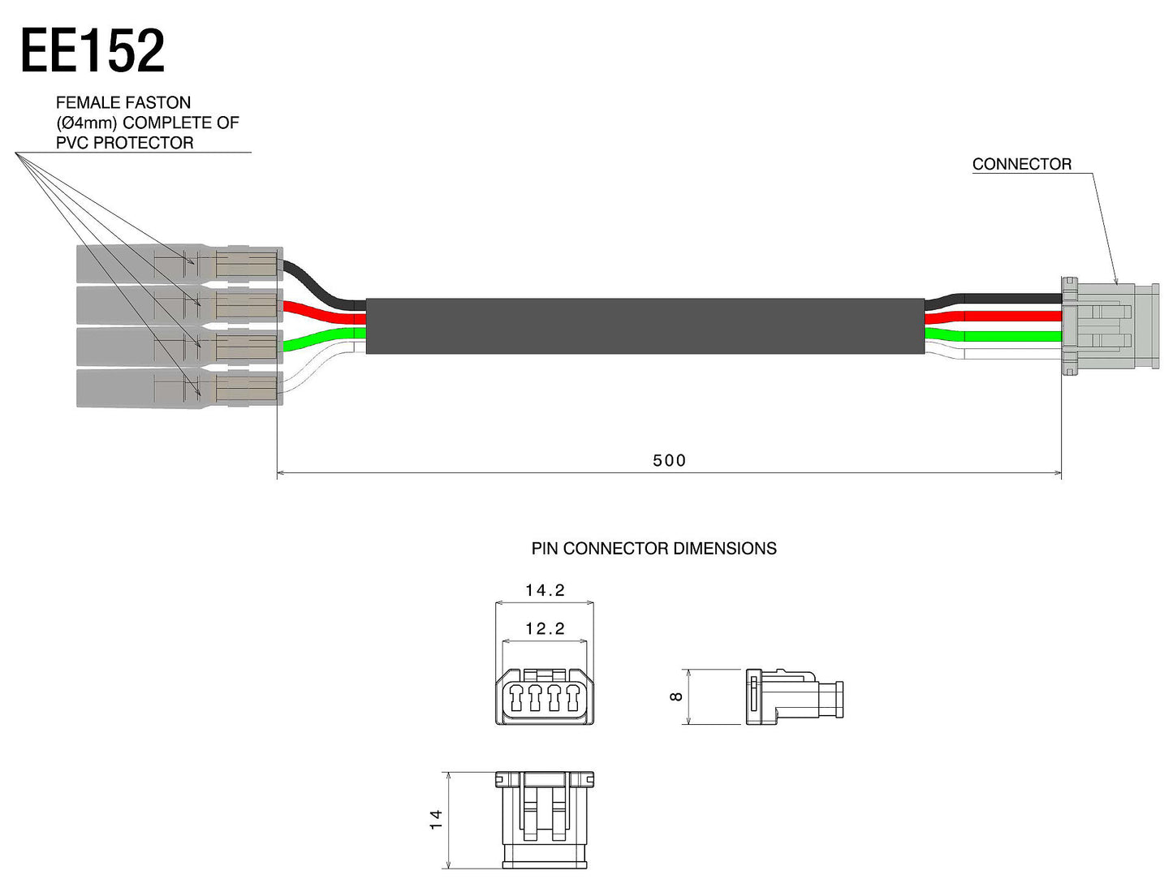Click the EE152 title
point(92,51)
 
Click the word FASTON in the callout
point(158,103)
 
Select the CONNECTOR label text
point(1021,164)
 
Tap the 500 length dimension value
point(669,461)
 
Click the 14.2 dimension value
point(545,590)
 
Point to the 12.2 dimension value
point(545,628)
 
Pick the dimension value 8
point(676,696)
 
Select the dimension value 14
point(437,819)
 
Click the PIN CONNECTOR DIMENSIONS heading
point(653,549)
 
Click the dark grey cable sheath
point(645,325)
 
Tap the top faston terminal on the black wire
point(179,264)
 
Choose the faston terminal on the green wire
point(179,346)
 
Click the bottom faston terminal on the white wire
point(179,388)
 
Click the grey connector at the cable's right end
point(1109,325)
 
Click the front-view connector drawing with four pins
point(545,696)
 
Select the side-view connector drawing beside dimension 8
point(794,696)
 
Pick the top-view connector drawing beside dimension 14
point(545,819)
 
